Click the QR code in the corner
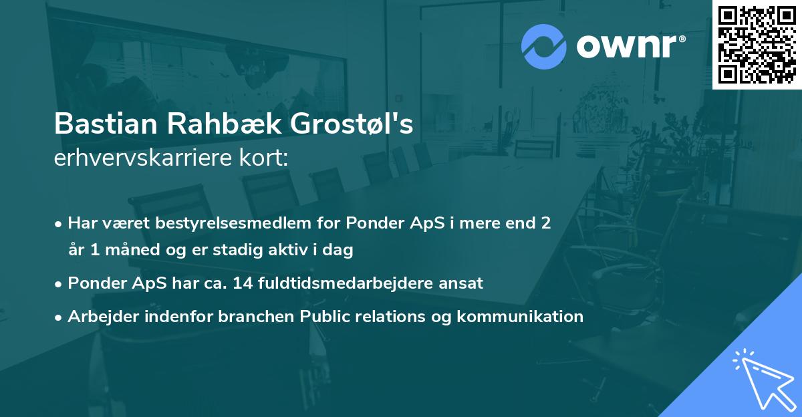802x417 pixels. (x=757, y=44)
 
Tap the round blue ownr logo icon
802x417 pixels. (x=544, y=46)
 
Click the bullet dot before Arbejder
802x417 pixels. (x=59, y=317)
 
